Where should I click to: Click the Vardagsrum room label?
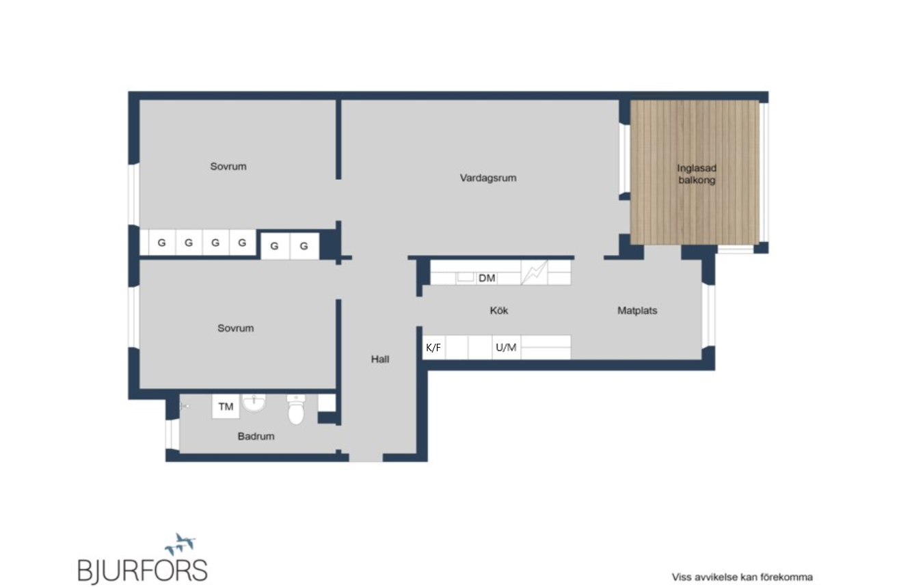(x=488, y=178)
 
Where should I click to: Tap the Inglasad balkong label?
(x=697, y=174)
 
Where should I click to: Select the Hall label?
(x=380, y=359)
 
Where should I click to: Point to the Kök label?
(x=498, y=311)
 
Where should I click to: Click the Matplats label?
(x=637, y=311)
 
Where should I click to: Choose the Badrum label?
(x=256, y=436)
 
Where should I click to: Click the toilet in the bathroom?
(x=296, y=409)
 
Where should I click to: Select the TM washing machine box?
(x=226, y=407)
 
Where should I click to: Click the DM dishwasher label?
(x=487, y=278)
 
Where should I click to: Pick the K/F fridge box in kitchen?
(x=433, y=347)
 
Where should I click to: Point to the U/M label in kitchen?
(x=506, y=348)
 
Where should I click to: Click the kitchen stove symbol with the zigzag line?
(x=535, y=272)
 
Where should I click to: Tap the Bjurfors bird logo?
(x=180, y=544)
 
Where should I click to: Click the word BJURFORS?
(x=143, y=571)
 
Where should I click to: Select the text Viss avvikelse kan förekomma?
(x=742, y=577)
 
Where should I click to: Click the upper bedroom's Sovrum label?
(x=228, y=167)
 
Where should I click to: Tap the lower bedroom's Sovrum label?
(x=235, y=328)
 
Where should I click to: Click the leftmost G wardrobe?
(x=162, y=243)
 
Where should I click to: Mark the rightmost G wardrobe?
(x=304, y=246)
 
